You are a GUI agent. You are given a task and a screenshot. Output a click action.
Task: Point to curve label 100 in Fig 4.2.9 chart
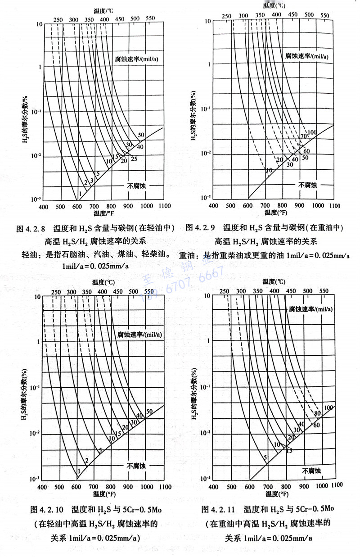[x=312, y=132]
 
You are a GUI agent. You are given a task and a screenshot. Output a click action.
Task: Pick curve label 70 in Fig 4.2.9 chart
[x=304, y=136]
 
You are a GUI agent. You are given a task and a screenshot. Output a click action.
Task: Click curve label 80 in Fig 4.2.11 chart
[x=317, y=413]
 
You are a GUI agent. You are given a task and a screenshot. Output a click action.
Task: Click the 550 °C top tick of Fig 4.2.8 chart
[x=151, y=18]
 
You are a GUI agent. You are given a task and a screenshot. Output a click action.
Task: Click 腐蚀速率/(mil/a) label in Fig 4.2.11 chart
[x=310, y=309]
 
